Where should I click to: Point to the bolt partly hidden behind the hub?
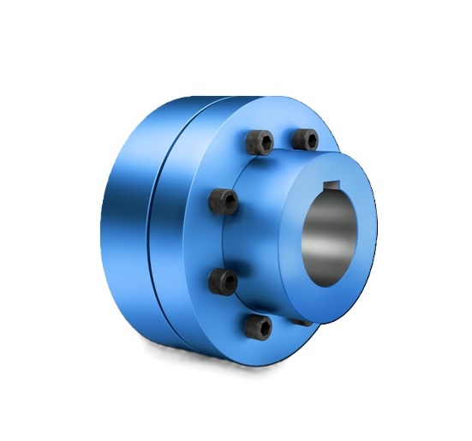point(302,322)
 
